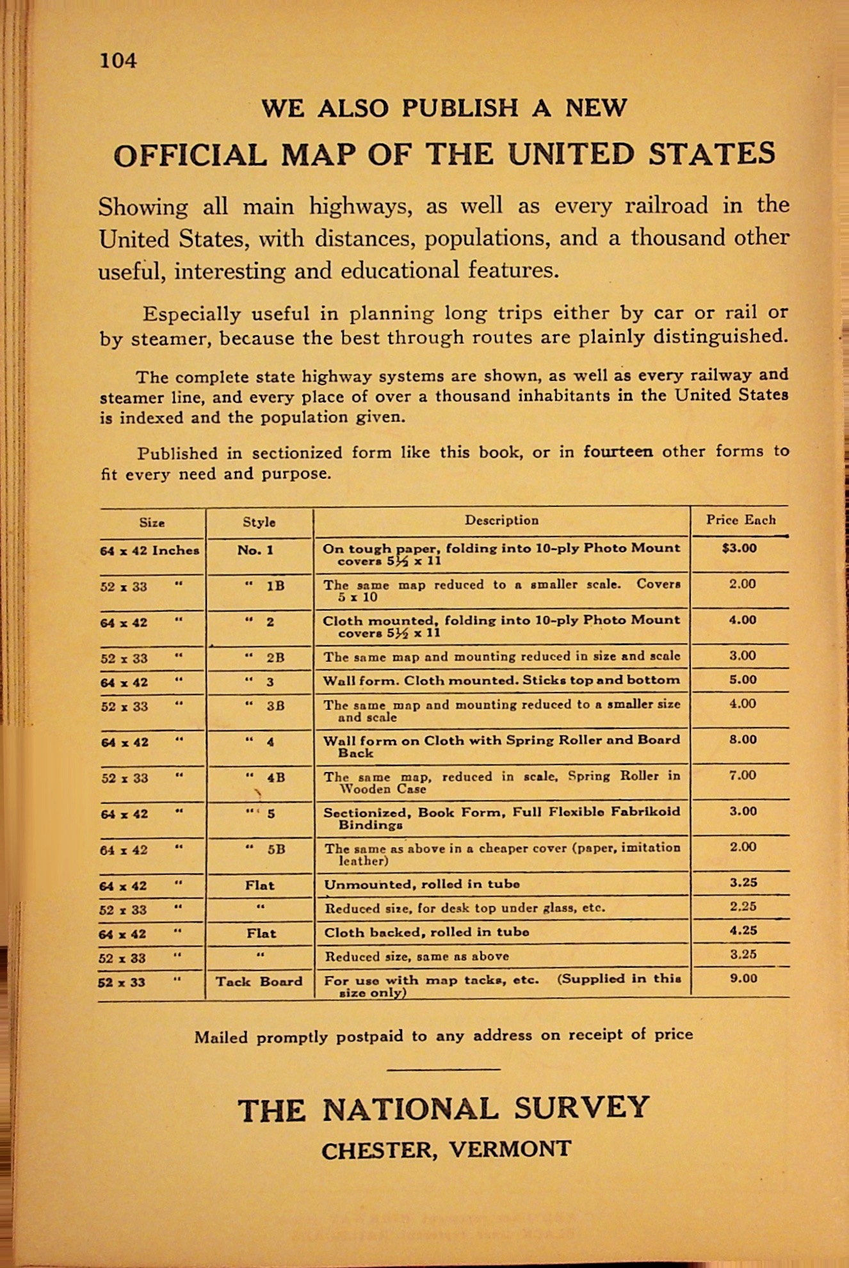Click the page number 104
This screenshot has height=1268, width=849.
tap(118, 61)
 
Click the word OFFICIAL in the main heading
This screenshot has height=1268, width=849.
tap(190, 156)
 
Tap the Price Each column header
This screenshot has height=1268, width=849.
tap(740, 520)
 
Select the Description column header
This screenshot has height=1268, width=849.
tap(501, 520)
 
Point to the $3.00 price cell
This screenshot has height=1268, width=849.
tap(739, 549)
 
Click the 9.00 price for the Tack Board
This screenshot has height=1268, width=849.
tap(743, 979)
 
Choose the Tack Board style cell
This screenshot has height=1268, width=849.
tap(259, 982)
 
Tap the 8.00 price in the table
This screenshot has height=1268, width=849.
tap(743, 740)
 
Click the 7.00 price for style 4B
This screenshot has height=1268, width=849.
tap(743, 776)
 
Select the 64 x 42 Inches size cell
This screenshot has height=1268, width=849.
tap(150, 550)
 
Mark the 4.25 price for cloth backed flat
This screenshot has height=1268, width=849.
tap(743, 931)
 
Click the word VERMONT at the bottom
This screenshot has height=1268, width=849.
tap(509, 1149)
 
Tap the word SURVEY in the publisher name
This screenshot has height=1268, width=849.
tap(581, 1109)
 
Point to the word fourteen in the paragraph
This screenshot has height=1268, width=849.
tap(617, 452)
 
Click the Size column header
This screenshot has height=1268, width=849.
tap(152, 522)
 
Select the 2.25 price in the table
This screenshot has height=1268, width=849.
tap(743, 906)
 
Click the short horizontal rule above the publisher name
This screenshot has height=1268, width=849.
tap(444, 1069)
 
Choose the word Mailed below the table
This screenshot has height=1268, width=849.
tap(221, 1037)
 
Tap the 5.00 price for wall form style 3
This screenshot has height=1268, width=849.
tap(743, 680)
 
